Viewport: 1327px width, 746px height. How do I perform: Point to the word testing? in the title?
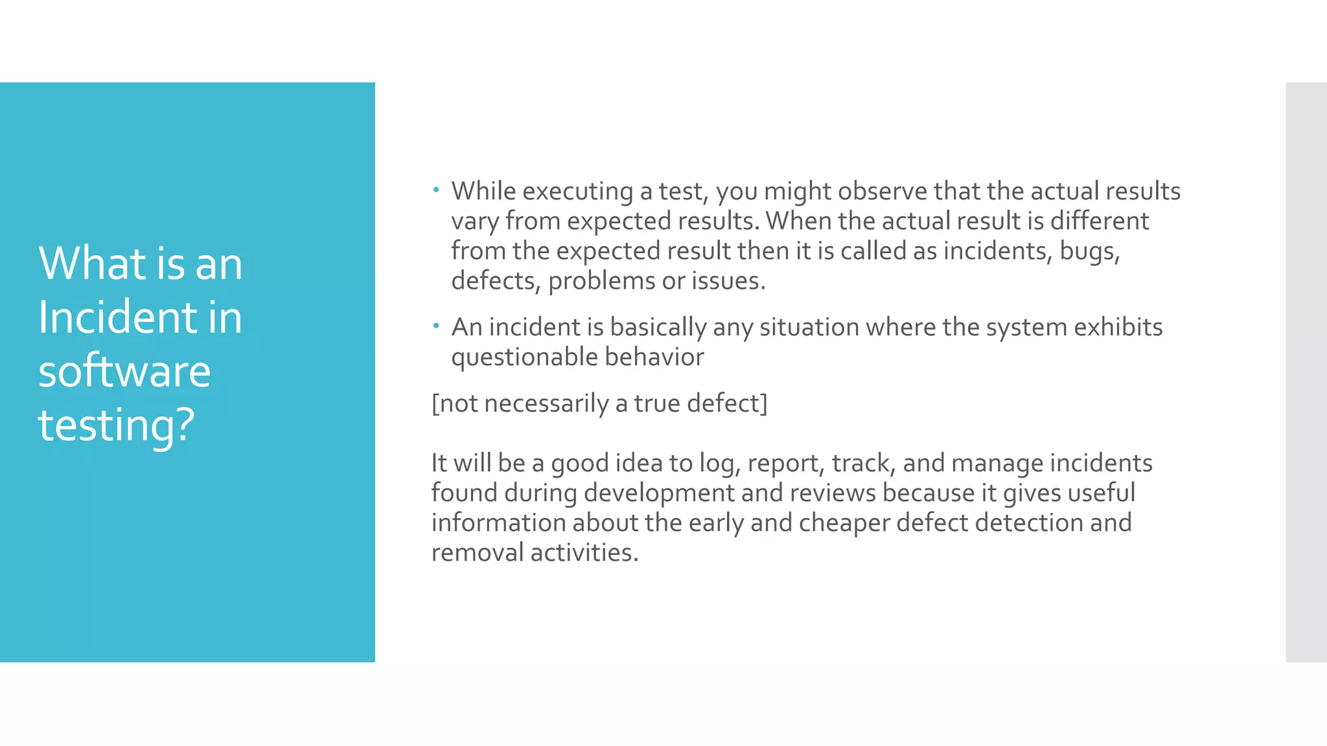coord(117,425)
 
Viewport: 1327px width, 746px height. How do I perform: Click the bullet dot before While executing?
coord(437,190)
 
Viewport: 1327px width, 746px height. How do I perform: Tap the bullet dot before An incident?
coord(437,326)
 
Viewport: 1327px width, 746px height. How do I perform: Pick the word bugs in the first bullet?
coord(1089,251)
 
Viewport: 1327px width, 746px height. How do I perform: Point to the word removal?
coord(478,552)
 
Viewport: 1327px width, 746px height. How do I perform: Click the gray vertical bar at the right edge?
coord(1306,372)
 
